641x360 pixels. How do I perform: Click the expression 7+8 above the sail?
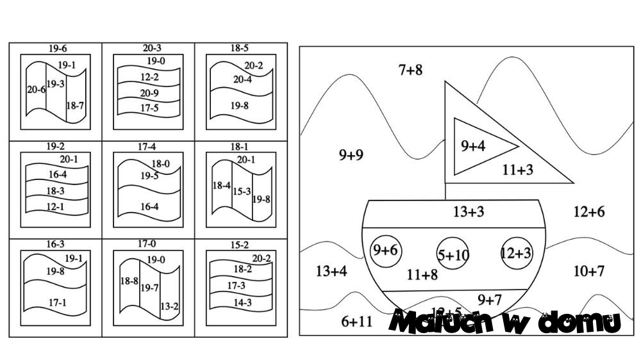point(410,70)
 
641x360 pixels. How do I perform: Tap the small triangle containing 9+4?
point(478,146)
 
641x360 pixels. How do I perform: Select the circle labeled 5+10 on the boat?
point(453,255)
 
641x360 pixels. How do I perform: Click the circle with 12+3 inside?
point(516,252)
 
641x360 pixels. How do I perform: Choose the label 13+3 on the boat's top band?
point(469,212)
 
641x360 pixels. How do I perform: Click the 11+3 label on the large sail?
point(518,170)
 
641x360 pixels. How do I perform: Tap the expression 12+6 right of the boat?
point(588,212)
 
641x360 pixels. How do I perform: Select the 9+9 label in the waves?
point(351,154)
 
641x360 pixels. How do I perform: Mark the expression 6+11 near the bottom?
point(356,322)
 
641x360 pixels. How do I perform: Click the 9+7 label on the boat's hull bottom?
point(489,299)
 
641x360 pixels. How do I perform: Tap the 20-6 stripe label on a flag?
point(36,90)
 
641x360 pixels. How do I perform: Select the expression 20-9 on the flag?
point(149,93)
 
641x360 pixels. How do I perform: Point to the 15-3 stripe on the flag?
point(242,191)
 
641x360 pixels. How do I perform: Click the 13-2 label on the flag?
point(169,306)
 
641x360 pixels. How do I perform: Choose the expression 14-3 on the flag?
point(242,302)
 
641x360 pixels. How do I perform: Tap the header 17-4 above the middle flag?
point(147,147)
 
